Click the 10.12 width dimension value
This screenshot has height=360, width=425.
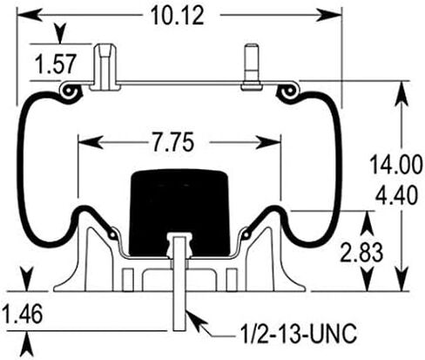click(178, 16)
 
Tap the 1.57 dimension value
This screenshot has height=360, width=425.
click(56, 64)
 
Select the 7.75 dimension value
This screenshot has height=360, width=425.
click(173, 142)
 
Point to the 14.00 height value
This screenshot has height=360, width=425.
click(396, 165)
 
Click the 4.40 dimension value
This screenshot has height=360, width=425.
click(396, 195)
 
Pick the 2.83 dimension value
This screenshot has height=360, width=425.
click(361, 252)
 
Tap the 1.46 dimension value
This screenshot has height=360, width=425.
click(23, 315)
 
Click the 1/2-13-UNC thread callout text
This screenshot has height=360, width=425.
click(299, 334)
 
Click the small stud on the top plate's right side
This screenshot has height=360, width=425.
click(252, 67)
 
